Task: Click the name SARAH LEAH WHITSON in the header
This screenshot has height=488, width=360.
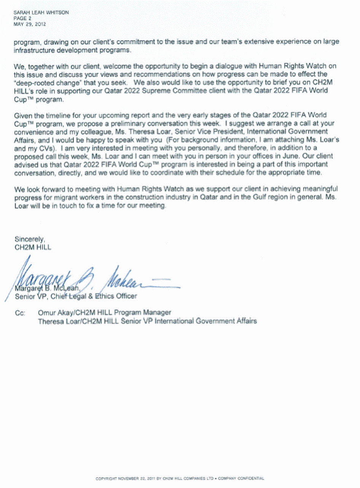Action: [41, 13]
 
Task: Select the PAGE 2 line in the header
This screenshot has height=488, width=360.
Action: [22, 18]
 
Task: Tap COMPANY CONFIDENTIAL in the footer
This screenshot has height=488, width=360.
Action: [241, 478]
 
